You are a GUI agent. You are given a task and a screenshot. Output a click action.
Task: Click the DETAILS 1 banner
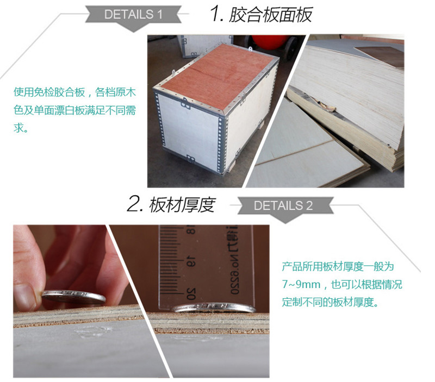pyautogui.click(x=133, y=17)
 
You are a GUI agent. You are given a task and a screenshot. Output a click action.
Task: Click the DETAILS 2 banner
pyautogui.click(x=285, y=208)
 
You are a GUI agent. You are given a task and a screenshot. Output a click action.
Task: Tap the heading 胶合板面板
pyautogui.click(x=271, y=15)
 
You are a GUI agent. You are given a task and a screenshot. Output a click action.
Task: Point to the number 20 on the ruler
pyautogui.click(x=191, y=293)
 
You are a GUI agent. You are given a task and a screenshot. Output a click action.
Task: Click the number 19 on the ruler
pyautogui.click(x=191, y=262)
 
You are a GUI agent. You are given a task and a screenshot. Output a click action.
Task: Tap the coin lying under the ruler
pyautogui.click(x=213, y=308)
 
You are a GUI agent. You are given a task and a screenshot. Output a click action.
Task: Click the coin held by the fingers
pyautogui.click(x=74, y=296)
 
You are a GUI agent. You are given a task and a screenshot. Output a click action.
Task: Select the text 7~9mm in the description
pyautogui.click(x=301, y=284)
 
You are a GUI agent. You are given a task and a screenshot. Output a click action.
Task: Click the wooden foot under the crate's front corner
pyautogui.click(x=232, y=168)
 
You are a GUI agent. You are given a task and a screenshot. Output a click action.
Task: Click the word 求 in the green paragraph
pyautogui.click(x=18, y=128)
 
